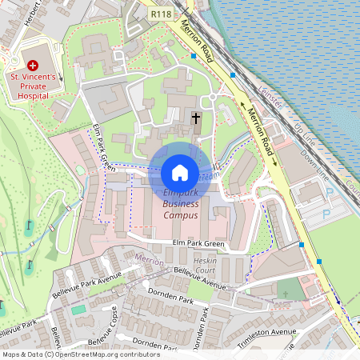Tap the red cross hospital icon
[33, 64]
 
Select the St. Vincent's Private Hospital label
[33, 85]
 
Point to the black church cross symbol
[196, 120]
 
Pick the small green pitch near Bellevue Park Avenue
[78, 309]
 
